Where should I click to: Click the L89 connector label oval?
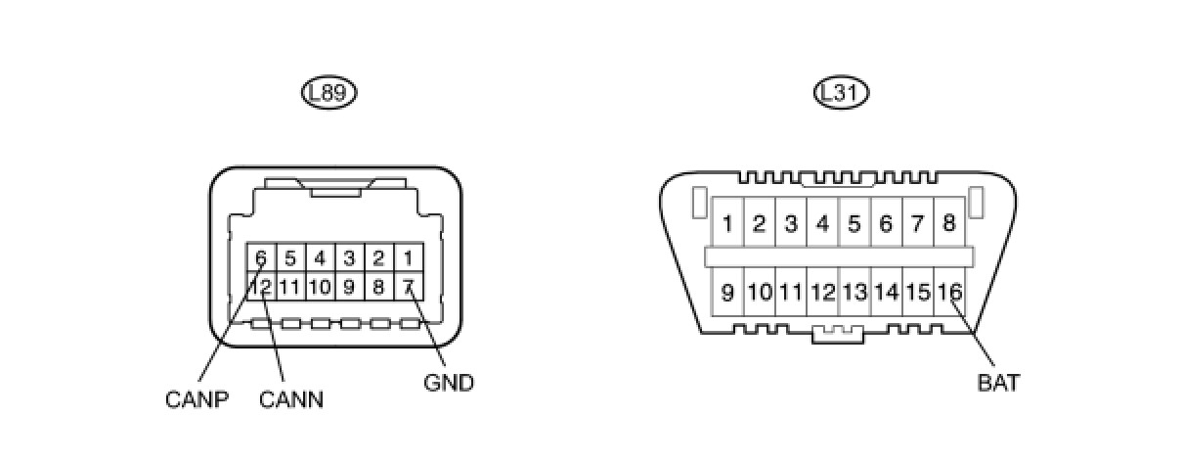[x=329, y=93]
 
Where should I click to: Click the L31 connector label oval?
[x=841, y=93]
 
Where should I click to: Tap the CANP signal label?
[x=197, y=399]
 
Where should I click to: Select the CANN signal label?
[x=291, y=399]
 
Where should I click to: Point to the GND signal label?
[x=449, y=383]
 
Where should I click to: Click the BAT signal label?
[x=998, y=383]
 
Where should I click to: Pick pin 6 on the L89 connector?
[x=261, y=259]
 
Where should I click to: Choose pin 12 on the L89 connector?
[x=261, y=288]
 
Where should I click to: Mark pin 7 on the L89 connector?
[x=409, y=288]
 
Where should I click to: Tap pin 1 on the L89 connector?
[x=409, y=259]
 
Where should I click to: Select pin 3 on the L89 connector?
[x=349, y=259]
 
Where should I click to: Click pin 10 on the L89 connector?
[x=320, y=288]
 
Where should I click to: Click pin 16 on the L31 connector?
[x=948, y=292]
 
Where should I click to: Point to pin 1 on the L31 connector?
[x=727, y=223]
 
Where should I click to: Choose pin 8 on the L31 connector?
[x=948, y=223]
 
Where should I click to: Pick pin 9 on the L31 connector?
[x=727, y=292]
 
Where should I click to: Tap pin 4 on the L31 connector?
[x=822, y=223]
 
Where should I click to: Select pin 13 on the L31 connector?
[x=854, y=292]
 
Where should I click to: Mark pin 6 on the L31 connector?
[x=886, y=223]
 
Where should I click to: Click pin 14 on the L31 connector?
[x=886, y=292]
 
